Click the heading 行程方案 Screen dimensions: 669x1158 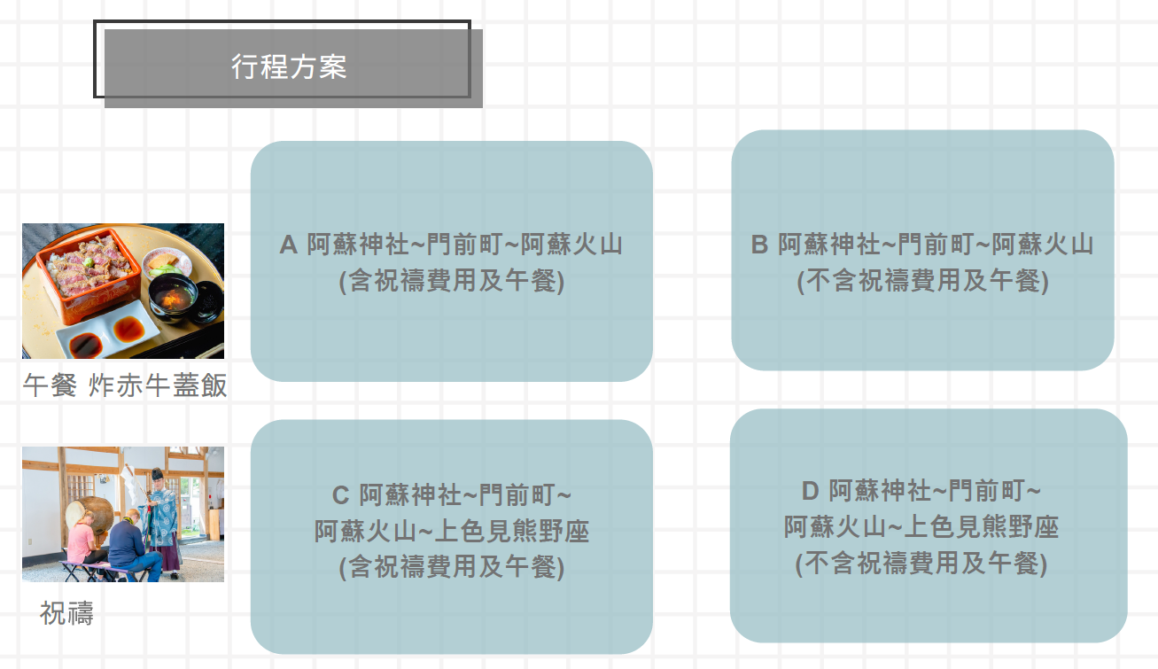pos(289,67)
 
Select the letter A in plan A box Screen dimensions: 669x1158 pos(288,245)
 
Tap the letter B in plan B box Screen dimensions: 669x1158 pos(758,245)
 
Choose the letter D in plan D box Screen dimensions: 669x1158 pos(811,491)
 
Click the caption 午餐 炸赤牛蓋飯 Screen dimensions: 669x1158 pos(125,385)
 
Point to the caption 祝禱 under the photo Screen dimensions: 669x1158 pos(66,613)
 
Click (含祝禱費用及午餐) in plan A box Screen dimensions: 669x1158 pos(452,281)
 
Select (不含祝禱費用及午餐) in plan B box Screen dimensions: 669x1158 pos(922,281)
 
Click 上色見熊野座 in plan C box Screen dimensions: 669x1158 pos(514,532)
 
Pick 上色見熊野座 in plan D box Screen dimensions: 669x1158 pos(983,527)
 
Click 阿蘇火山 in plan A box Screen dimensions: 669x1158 pos(571,245)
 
